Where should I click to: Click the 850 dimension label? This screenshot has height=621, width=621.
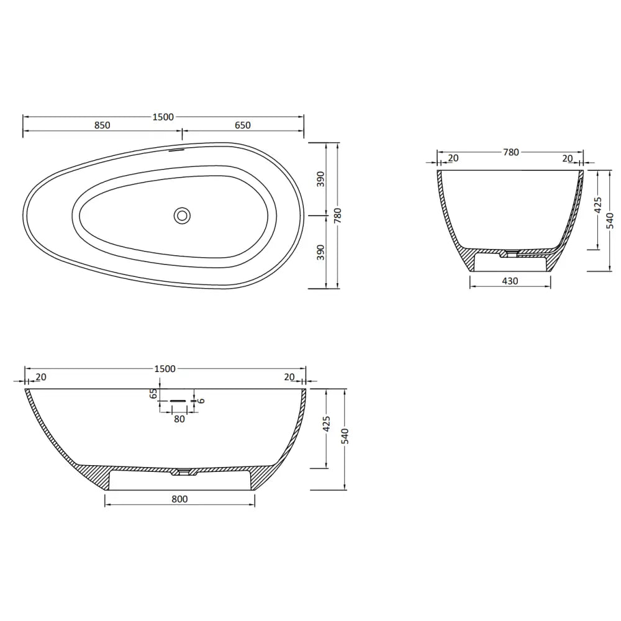pos(102,125)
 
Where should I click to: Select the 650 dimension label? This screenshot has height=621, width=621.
pos(242,125)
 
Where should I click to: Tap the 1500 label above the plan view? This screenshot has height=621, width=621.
pos(163,117)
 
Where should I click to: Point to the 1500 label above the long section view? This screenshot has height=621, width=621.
pos(165,369)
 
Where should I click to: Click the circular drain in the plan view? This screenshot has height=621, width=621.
pos(182,215)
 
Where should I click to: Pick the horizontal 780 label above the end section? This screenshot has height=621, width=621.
pos(511,152)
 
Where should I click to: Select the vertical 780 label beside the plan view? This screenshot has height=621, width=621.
pos(338,216)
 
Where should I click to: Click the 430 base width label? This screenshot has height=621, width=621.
pos(510,281)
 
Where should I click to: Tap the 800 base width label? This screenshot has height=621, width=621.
pos(179,499)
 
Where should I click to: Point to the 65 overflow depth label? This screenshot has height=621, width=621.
pos(153,393)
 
